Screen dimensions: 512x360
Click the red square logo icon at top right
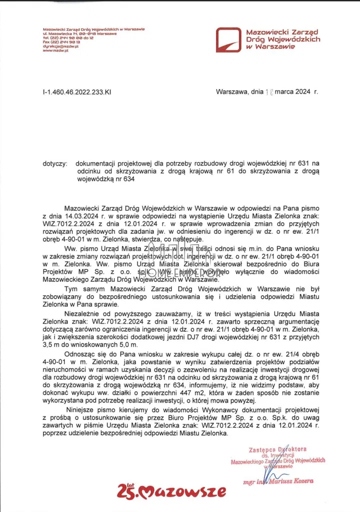[x=229, y=40]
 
